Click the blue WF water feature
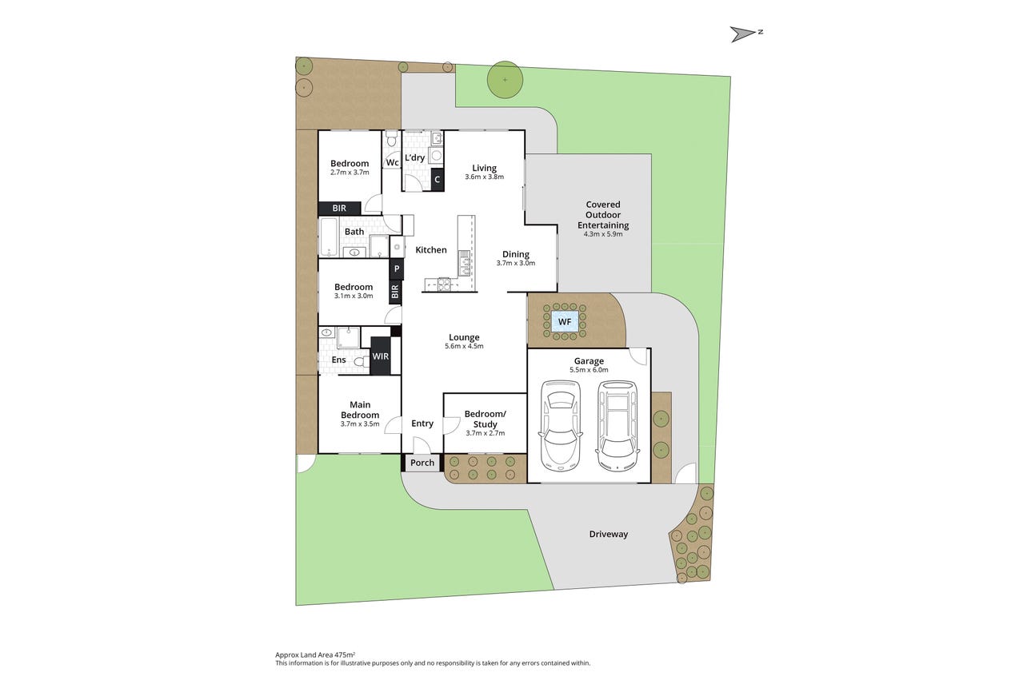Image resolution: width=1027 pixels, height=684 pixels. coord(565,321)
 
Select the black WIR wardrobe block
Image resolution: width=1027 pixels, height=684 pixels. coord(380,356)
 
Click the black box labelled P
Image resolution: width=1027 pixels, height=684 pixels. coord(397,269)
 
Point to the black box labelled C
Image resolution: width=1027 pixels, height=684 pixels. coord(437,180)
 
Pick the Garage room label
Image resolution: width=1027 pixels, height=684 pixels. coord(589,361)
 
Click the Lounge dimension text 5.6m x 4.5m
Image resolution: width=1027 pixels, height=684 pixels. coord(464,346)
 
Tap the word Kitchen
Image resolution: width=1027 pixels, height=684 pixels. coord(431,249)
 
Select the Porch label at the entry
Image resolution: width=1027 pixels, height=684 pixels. coord(422,463)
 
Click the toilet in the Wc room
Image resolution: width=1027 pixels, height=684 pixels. coord(391,138)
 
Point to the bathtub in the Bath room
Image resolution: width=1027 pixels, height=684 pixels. coord(328,237)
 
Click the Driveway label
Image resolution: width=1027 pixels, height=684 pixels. coord(609,535)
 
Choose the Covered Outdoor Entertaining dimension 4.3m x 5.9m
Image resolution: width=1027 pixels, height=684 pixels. coord(603,234)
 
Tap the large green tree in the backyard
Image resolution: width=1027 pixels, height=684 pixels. coord(505,80)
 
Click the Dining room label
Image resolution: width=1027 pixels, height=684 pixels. coord(516,254)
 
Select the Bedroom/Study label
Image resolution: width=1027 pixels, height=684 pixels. coord(485,420)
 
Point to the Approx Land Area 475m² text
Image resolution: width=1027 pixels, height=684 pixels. coord(315,655)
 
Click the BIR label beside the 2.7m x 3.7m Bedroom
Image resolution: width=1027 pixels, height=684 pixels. coord(339,209)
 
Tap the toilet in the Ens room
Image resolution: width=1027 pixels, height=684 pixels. coord(362,362)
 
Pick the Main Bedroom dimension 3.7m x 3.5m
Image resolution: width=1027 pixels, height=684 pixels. coord(360,424)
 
